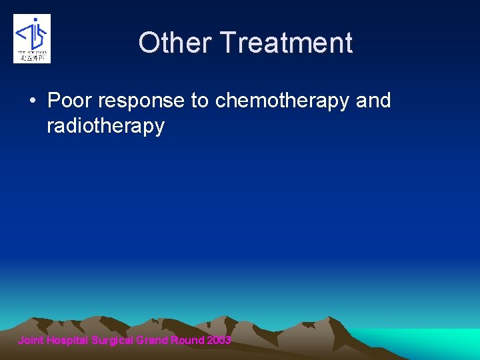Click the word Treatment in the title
pyautogui.click(x=287, y=43)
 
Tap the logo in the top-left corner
pyautogui.click(x=32, y=39)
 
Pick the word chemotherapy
pyautogui.click(x=283, y=101)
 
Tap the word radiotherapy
pyautogui.click(x=105, y=127)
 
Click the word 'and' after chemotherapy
pyautogui.click(x=373, y=101)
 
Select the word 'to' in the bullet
pyautogui.click(x=200, y=101)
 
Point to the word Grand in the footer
pyautogui.click(x=152, y=341)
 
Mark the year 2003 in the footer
pyautogui.click(x=219, y=341)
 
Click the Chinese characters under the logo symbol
pyautogui.click(x=32, y=57)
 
